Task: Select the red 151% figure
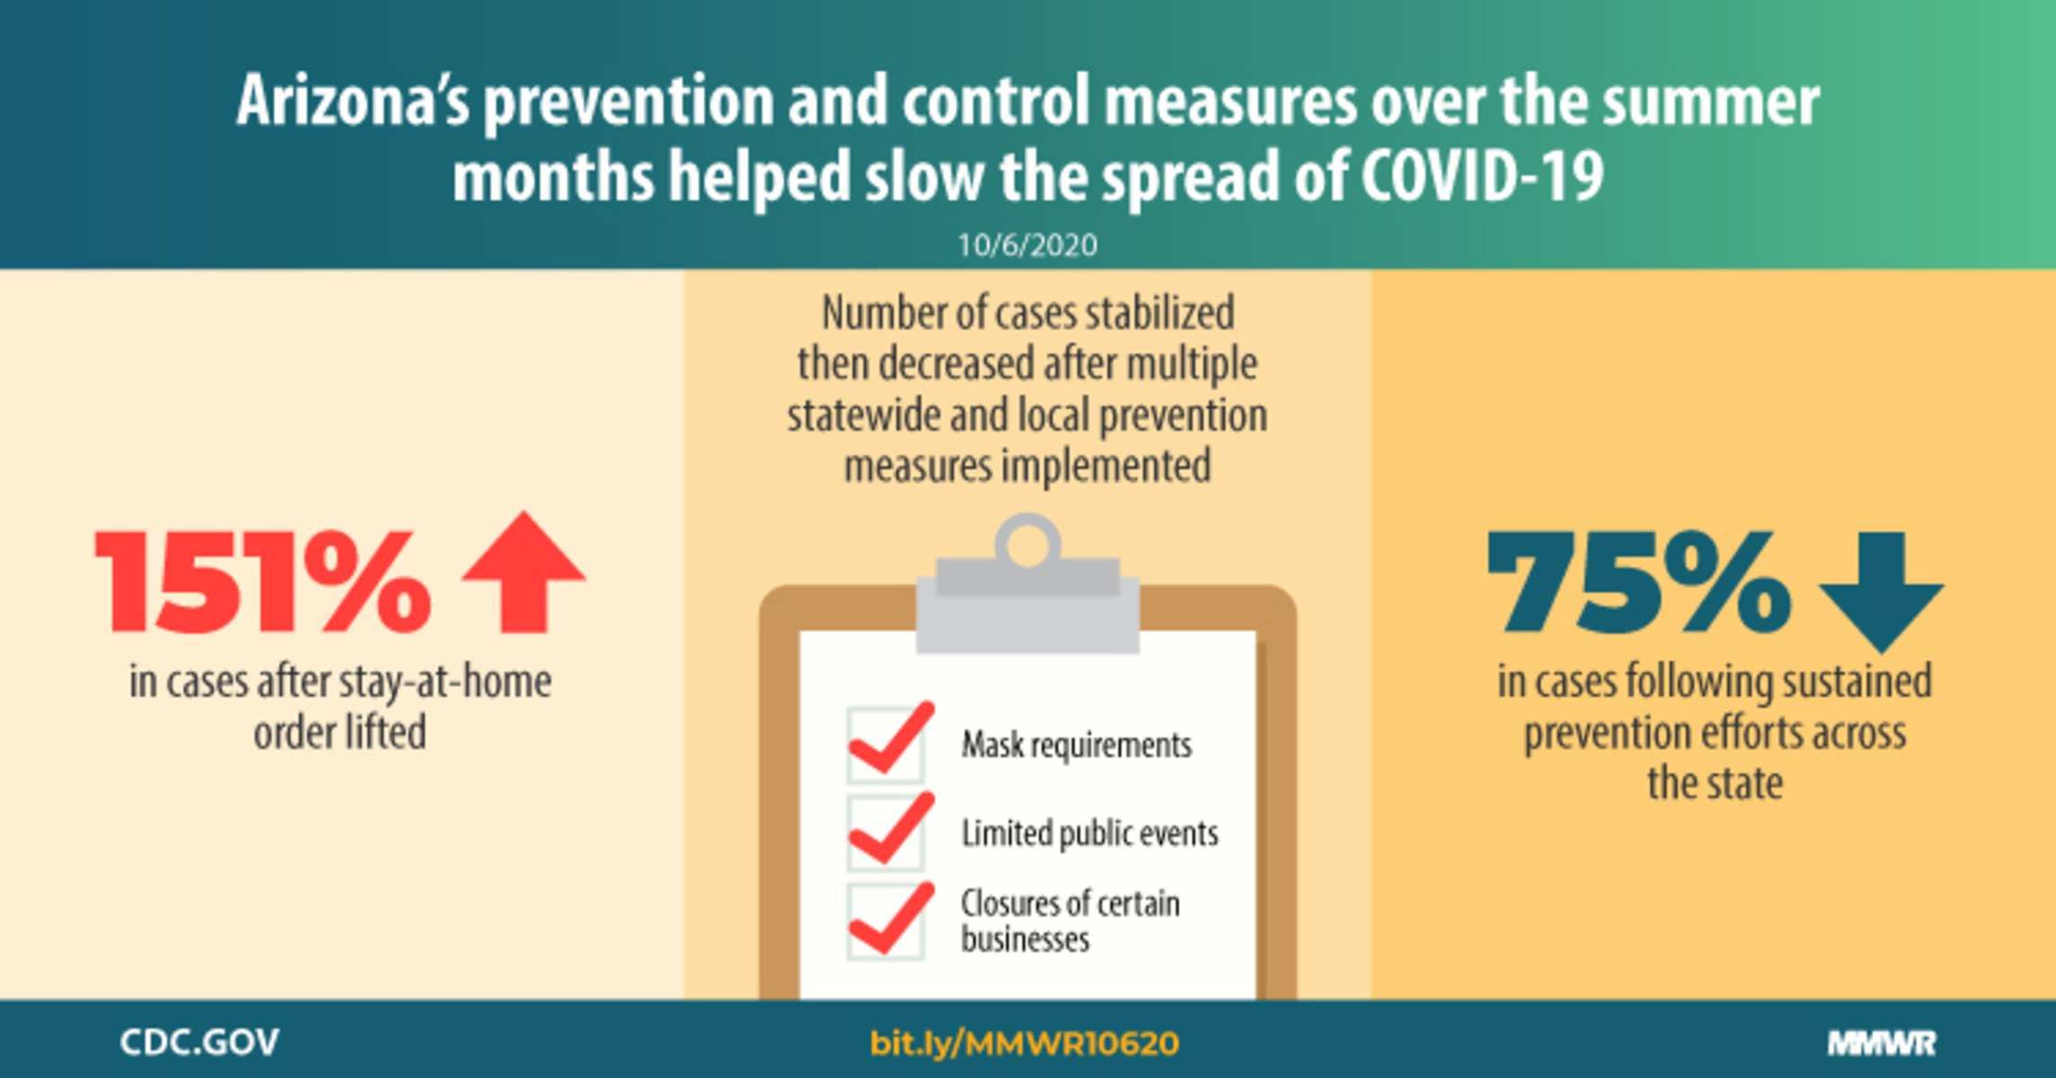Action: (x=263, y=581)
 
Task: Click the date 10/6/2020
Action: (x=1027, y=245)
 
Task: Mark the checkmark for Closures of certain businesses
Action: (x=890, y=919)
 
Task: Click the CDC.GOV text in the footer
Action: (x=200, y=1042)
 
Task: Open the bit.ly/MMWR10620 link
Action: (x=1024, y=1043)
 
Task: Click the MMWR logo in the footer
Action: (x=1882, y=1043)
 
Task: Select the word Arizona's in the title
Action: (x=353, y=100)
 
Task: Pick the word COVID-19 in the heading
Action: (x=1481, y=175)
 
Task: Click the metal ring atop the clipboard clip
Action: (x=1027, y=540)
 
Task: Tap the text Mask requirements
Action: (x=1077, y=745)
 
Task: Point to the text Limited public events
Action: (x=1090, y=833)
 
